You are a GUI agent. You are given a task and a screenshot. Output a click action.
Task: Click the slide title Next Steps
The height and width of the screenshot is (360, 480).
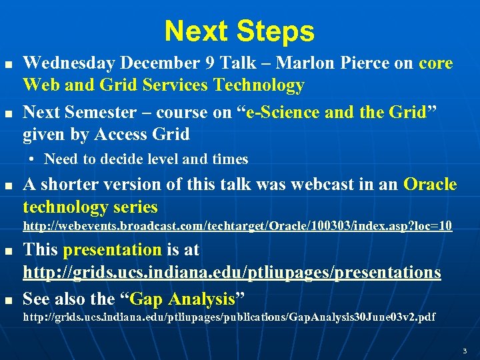click(x=239, y=31)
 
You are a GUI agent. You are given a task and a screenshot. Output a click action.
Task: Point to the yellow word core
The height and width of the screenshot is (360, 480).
click(x=436, y=64)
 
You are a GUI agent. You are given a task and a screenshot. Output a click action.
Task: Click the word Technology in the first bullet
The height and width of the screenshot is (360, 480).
click(x=257, y=85)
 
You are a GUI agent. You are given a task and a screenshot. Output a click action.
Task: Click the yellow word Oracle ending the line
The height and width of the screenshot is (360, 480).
click(x=430, y=184)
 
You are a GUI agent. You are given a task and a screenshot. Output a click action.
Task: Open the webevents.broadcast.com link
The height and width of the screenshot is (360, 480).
click(x=237, y=227)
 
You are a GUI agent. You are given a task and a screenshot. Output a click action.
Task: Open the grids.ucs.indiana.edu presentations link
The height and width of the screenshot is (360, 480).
click(x=232, y=272)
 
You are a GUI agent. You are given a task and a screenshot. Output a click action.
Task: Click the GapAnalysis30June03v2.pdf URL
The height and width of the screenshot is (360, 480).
click(x=229, y=317)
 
